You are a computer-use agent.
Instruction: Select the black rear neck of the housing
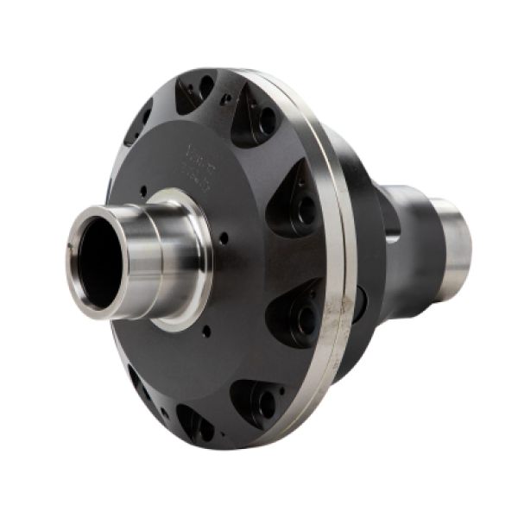tap(406, 250)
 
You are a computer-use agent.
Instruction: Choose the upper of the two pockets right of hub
tap(298, 203)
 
